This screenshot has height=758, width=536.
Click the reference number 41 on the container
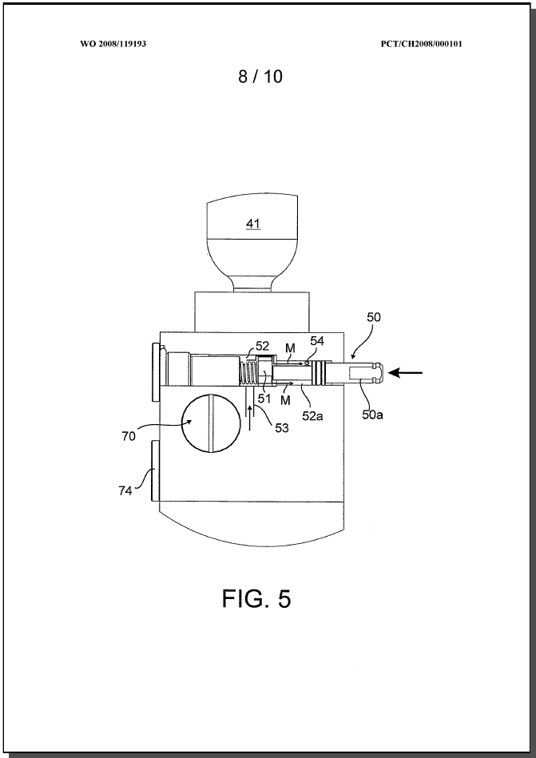(253, 224)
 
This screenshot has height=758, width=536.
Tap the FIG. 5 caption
(256, 598)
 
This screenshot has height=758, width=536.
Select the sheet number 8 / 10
(260, 77)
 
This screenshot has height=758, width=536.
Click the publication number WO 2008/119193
(113, 44)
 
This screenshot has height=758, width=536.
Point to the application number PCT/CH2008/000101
(422, 44)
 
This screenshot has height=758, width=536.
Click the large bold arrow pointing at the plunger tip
(406, 373)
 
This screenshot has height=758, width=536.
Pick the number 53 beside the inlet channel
(281, 427)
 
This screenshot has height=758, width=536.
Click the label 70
(128, 436)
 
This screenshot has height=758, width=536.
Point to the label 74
(125, 491)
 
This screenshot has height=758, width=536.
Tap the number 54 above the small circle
(317, 341)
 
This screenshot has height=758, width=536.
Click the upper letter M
(290, 347)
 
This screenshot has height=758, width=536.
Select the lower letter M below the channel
(286, 400)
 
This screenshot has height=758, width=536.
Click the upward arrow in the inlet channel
(250, 417)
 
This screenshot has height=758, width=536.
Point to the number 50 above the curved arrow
(374, 318)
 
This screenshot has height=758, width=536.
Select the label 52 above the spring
(263, 346)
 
